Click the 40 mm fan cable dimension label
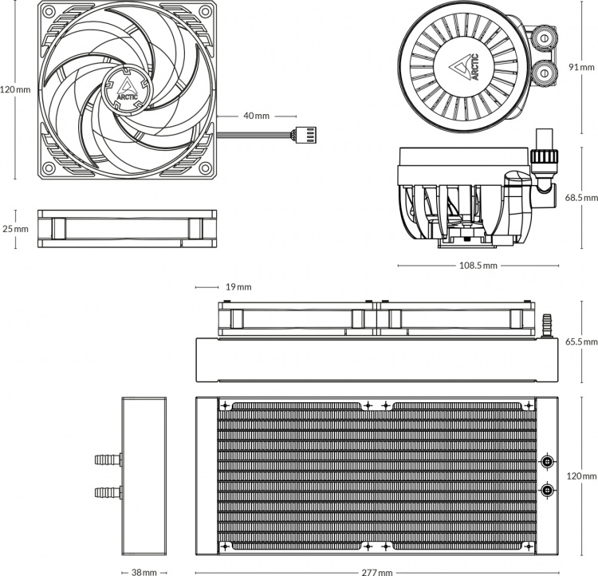coord(256,116)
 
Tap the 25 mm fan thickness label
coord(15,229)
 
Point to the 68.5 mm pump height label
coord(580,197)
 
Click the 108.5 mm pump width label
coord(477,266)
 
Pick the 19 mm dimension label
coord(238,286)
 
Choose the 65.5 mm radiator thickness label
coord(580,341)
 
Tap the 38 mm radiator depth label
coord(143,571)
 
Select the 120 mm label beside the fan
coord(15,89)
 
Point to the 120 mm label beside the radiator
coord(582,476)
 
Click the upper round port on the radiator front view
coord(548,461)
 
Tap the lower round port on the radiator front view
coord(548,489)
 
